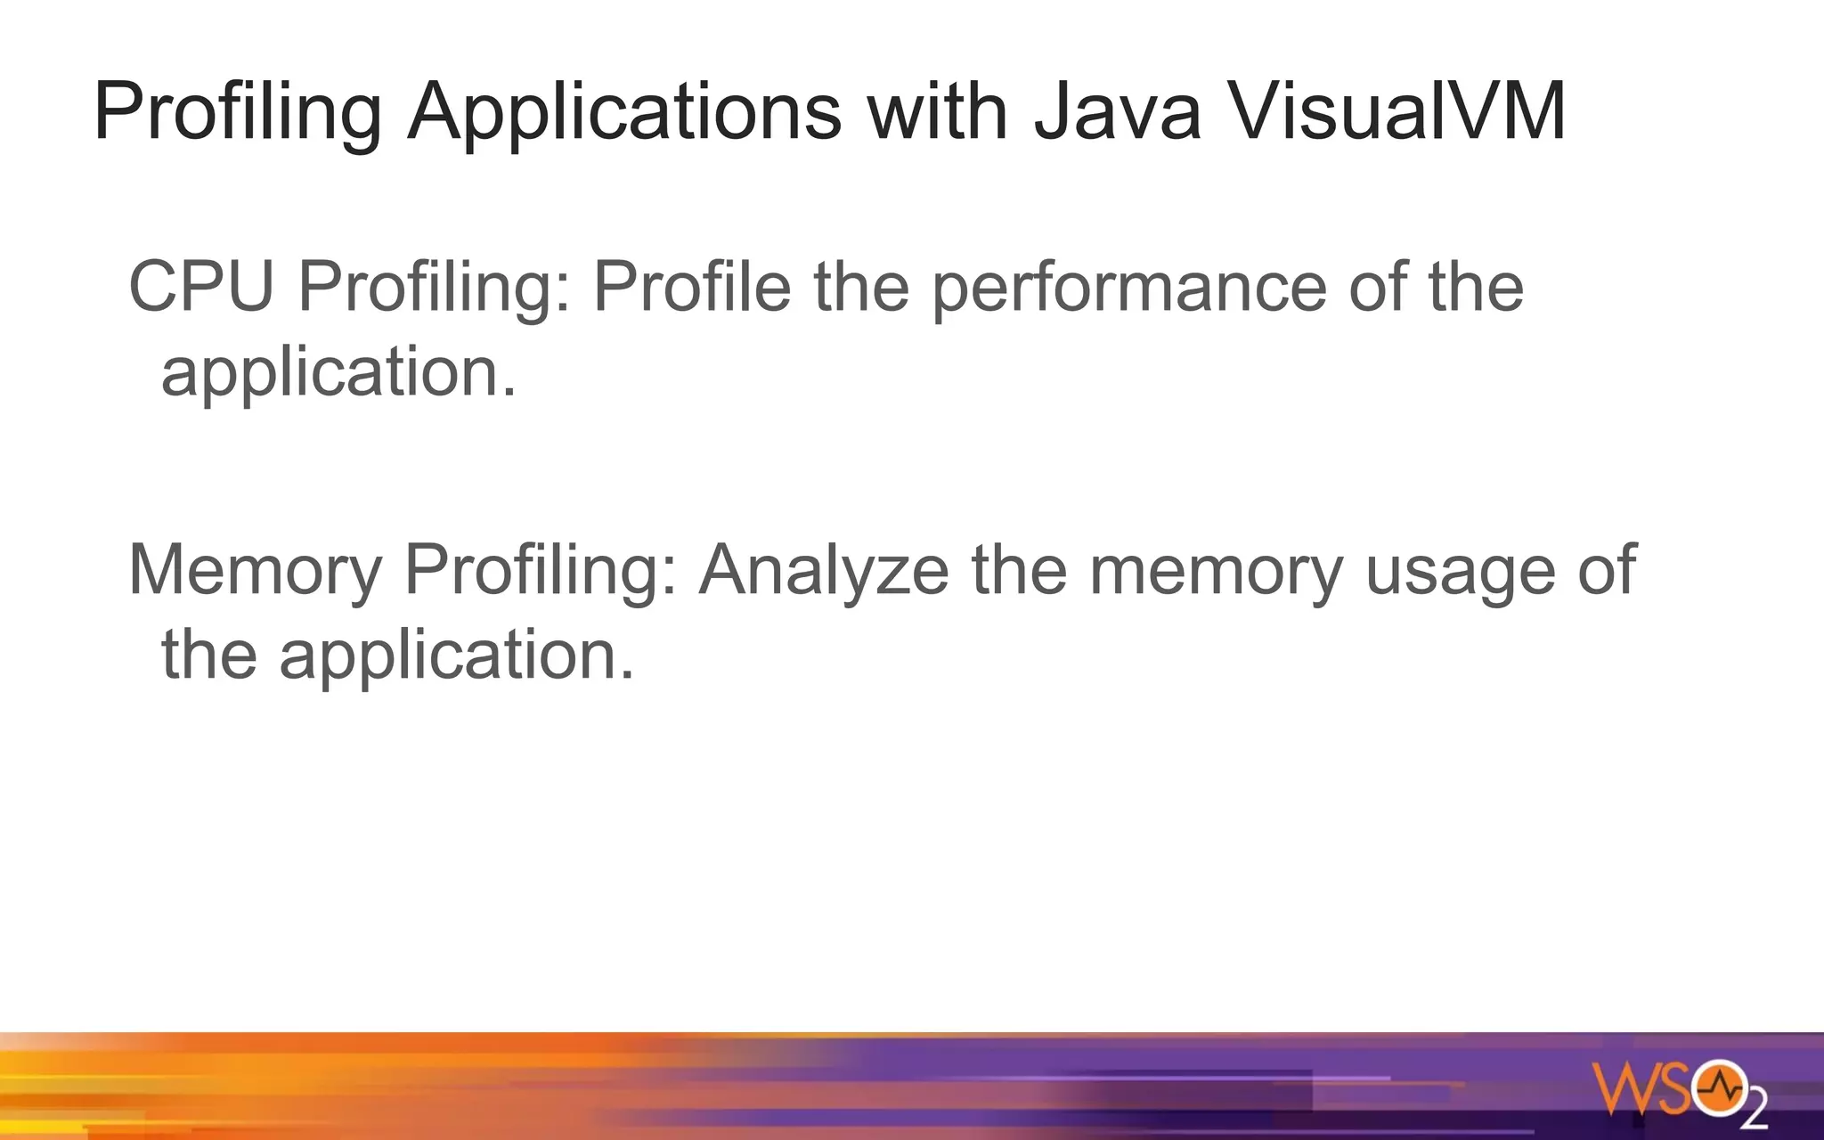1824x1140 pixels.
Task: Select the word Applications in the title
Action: point(624,113)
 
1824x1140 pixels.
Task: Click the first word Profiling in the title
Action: point(238,113)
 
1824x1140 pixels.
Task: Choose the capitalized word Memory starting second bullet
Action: point(256,570)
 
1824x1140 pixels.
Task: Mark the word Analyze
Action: point(824,569)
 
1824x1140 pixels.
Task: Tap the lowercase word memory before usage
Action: point(1217,570)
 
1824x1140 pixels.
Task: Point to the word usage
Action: point(1461,571)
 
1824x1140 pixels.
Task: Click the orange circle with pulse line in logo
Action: point(1719,1087)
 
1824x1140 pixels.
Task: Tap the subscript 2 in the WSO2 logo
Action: point(1754,1112)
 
